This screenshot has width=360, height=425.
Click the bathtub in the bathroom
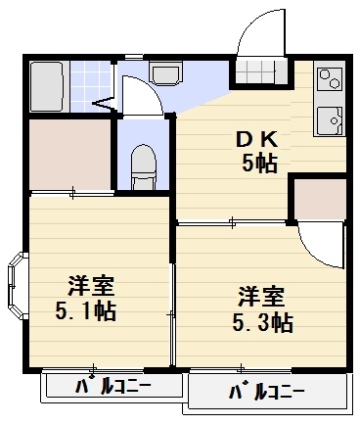46,86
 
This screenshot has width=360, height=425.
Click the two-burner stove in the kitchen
329,79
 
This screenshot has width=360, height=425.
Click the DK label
255,140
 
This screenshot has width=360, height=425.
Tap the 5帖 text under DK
258,163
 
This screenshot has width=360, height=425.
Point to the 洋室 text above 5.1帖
92,287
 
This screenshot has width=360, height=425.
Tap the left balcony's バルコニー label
112,386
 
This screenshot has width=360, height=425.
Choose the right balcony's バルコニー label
266,394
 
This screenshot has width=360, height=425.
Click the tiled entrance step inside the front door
262,75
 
